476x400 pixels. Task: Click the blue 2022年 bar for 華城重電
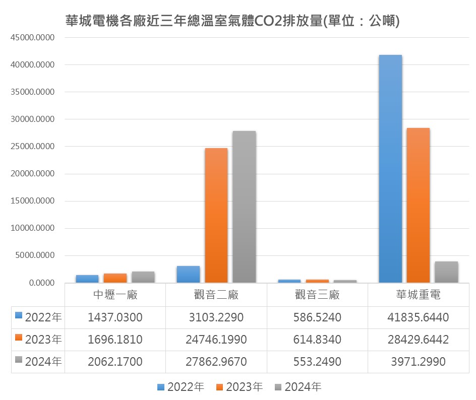pyautogui.click(x=390, y=169)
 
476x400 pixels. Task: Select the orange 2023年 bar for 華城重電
pyautogui.click(x=418, y=205)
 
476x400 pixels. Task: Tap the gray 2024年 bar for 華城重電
pyautogui.click(x=446, y=272)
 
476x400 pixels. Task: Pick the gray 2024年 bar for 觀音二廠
pyautogui.click(x=244, y=207)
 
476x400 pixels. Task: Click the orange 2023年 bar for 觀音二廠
pyautogui.click(x=216, y=215)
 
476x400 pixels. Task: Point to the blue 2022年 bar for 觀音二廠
pyautogui.click(x=188, y=274)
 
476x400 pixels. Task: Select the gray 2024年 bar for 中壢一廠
pyautogui.click(x=143, y=277)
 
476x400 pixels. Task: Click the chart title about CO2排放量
pyautogui.click(x=232, y=21)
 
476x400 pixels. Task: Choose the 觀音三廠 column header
pyautogui.click(x=317, y=295)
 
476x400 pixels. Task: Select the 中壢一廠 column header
pyautogui.click(x=115, y=295)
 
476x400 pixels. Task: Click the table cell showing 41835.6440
pyautogui.click(x=418, y=317)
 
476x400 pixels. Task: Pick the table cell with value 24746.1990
pyautogui.click(x=216, y=340)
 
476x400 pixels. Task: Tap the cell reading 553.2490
pyautogui.click(x=317, y=362)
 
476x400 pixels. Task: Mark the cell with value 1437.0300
pyautogui.click(x=115, y=317)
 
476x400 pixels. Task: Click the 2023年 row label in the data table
pyautogui.click(x=43, y=340)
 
